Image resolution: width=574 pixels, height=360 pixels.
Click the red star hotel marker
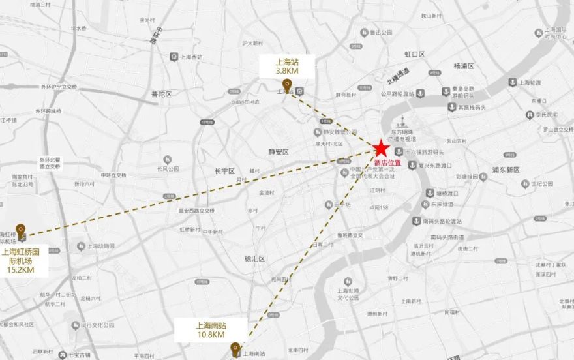tap(380, 149)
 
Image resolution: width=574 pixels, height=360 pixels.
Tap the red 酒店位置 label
tap(387, 163)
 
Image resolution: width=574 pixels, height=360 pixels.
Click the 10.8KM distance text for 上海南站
tap(210, 334)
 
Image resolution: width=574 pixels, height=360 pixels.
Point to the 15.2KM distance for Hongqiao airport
tap(20, 269)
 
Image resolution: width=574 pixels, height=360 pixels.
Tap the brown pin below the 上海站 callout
tap(286, 85)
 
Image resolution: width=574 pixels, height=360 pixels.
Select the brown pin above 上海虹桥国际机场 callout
tap(21, 230)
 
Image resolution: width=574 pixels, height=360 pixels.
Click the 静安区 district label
tap(278, 152)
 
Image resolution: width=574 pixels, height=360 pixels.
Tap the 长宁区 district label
tap(224, 171)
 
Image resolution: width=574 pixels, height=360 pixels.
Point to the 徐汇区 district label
tap(254, 258)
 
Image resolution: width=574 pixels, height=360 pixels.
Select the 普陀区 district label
tap(160, 95)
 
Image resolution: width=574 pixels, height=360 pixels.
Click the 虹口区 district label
tap(414, 54)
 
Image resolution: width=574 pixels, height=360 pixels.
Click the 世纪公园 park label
tap(541, 183)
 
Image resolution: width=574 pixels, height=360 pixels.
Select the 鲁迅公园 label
tap(381, 32)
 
